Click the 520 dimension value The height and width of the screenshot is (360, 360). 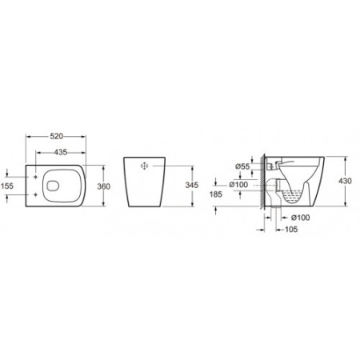click(x=57, y=136)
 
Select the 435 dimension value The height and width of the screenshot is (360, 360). click(x=61, y=152)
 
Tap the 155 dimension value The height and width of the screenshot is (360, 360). click(x=6, y=186)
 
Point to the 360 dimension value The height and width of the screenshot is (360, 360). click(x=103, y=186)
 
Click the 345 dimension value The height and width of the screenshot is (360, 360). click(x=192, y=185)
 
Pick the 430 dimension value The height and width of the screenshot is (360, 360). click(x=345, y=181)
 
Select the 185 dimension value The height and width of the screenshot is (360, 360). click(x=216, y=194)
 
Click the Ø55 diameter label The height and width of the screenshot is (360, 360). click(x=242, y=166)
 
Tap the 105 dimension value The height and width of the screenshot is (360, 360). click(x=291, y=229)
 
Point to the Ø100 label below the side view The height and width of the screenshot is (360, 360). click(x=301, y=218)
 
